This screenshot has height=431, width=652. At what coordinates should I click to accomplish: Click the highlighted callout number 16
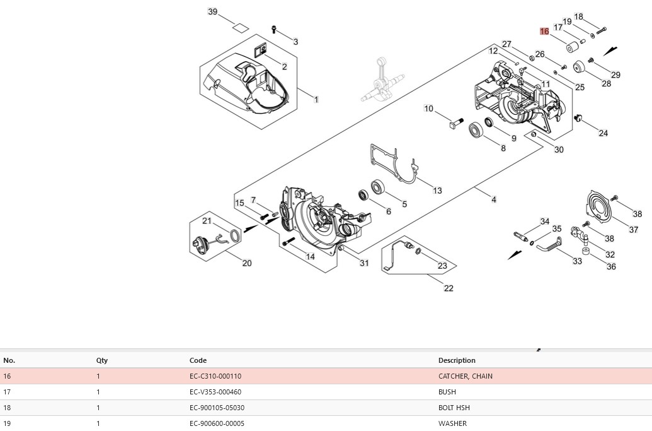[544, 31]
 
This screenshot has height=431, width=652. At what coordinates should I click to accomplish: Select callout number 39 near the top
[212, 11]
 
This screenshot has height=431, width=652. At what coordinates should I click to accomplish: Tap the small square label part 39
[241, 28]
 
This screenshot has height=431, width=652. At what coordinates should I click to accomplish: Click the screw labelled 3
[274, 29]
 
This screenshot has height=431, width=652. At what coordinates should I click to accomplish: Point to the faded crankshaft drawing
[382, 81]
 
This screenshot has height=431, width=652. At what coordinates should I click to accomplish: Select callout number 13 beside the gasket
[437, 191]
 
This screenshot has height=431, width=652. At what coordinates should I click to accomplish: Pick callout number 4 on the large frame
[494, 199]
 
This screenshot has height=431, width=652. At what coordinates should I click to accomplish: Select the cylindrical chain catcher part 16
[573, 47]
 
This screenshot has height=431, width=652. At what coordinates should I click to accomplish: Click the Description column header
[457, 360]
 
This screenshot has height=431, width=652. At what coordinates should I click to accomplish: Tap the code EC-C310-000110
[215, 376]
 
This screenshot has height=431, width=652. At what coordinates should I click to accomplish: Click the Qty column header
[102, 360]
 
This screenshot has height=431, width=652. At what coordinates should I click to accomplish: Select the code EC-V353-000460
[215, 392]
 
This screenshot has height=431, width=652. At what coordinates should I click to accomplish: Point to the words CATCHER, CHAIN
[466, 376]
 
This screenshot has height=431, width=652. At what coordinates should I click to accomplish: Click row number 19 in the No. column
[7, 423]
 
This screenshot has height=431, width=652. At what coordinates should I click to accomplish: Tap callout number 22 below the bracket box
[449, 288]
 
